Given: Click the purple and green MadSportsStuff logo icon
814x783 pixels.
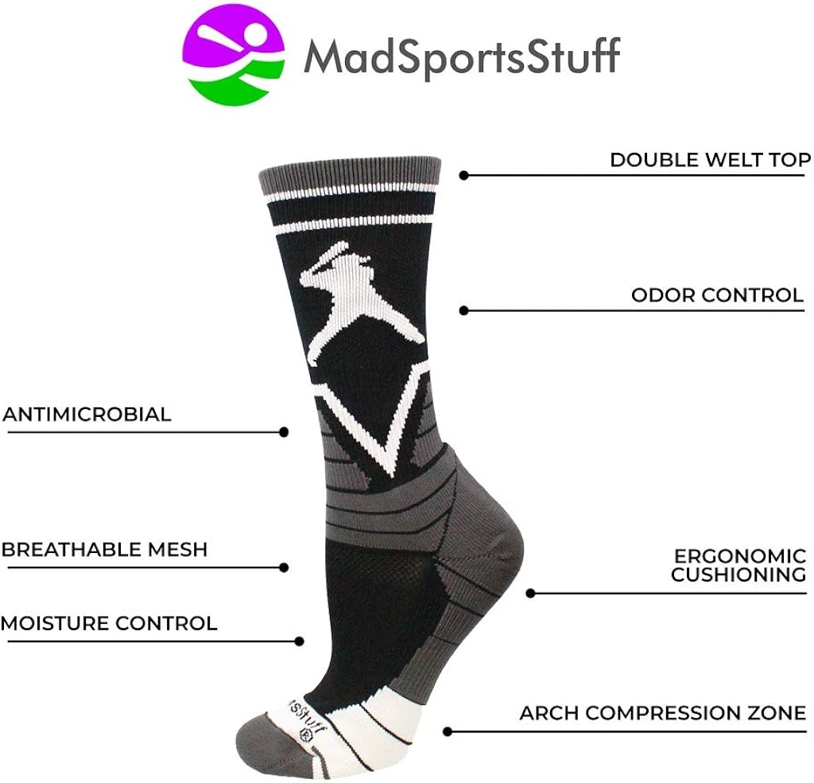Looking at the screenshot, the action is pyautogui.click(x=233, y=54).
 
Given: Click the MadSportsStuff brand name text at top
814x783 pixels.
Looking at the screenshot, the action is pyautogui.click(x=461, y=56).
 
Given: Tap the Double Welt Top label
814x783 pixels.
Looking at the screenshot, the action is pyautogui.click(x=710, y=160).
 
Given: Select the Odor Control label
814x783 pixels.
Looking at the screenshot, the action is pyautogui.click(x=717, y=295).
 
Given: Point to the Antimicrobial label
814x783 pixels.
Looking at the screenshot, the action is pyautogui.click(x=87, y=415).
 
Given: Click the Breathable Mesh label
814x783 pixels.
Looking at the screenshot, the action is pyautogui.click(x=104, y=549).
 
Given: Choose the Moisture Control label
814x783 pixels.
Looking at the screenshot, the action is pyautogui.click(x=109, y=623).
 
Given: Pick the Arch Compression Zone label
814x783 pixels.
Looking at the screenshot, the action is pyautogui.click(x=663, y=713).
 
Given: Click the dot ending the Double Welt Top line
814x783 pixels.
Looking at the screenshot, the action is pyautogui.click(x=463, y=175).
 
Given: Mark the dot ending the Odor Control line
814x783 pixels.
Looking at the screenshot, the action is pyautogui.click(x=463, y=310).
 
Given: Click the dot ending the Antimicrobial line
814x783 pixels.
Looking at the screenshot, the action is pyautogui.click(x=284, y=432).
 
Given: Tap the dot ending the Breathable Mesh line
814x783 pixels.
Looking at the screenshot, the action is pyautogui.click(x=284, y=567).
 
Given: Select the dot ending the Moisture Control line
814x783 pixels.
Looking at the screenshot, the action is pyautogui.click(x=300, y=641).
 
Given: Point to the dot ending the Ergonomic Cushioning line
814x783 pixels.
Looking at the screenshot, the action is pyautogui.click(x=530, y=593).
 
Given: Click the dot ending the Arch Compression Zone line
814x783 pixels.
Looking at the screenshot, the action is pyautogui.click(x=448, y=731).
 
